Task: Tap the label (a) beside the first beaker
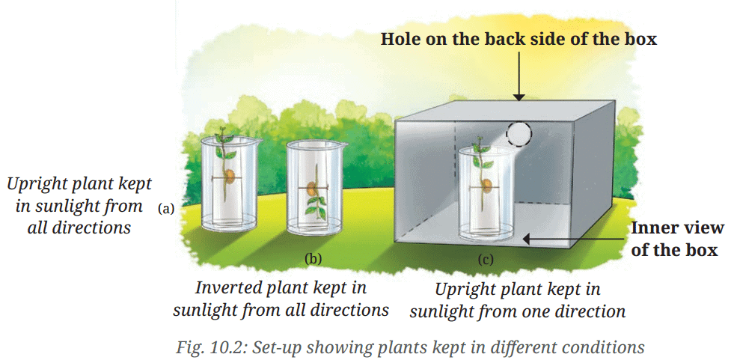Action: point(166,209)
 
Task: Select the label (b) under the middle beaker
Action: point(313,259)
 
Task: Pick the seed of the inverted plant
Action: point(314,184)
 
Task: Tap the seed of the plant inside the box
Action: point(486,186)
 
